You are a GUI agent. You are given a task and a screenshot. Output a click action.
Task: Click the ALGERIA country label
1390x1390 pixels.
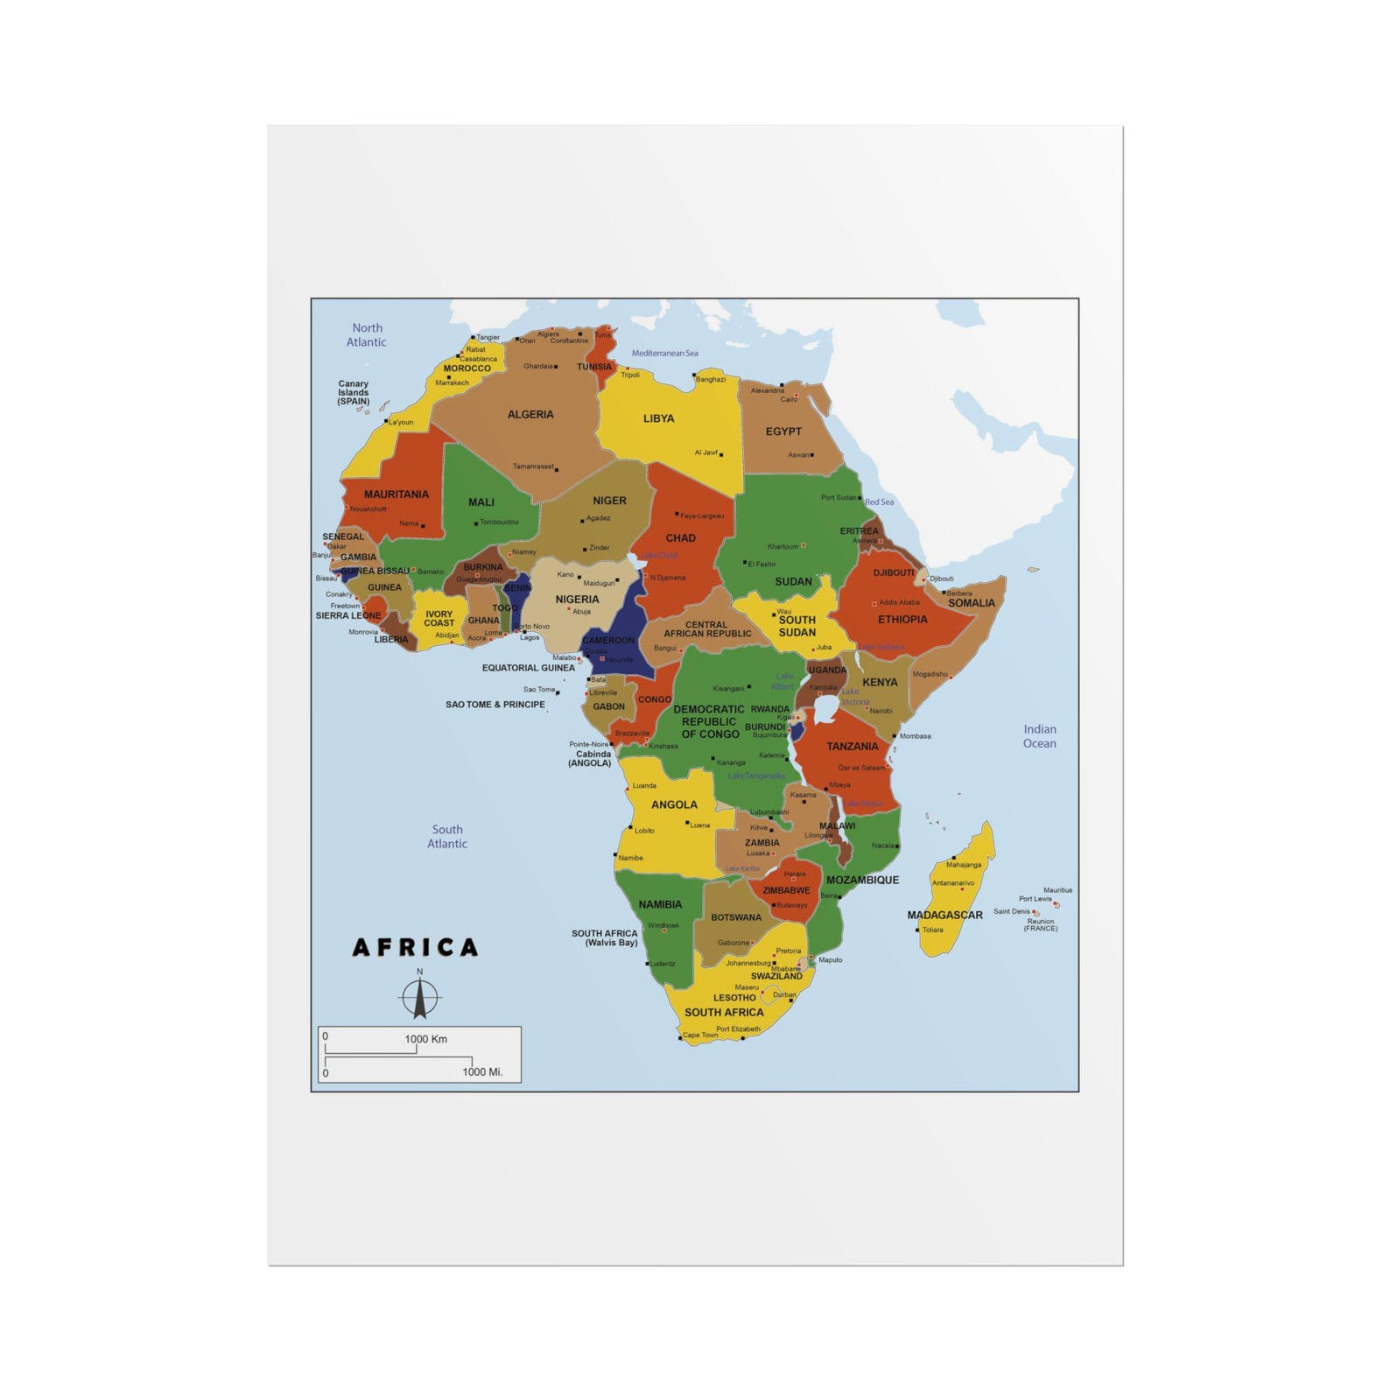[x=530, y=415]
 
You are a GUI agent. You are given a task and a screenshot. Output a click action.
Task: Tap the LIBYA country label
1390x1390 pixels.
[x=658, y=418]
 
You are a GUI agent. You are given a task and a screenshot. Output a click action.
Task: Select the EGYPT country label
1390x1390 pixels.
[x=783, y=432]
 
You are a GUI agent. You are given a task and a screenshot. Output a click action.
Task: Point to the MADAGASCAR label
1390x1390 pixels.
[x=944, y=915]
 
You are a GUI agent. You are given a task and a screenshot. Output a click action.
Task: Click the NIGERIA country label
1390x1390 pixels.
[x=577, y=600]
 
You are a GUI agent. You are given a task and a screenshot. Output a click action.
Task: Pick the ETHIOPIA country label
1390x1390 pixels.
[x=902, y=620]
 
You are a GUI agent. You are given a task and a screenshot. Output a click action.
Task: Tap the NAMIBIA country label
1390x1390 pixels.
[x=660, y=904]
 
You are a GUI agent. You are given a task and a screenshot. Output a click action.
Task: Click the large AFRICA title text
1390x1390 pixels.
[x=416, y=947]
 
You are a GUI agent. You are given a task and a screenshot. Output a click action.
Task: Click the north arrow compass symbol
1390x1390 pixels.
[x=420, y=996]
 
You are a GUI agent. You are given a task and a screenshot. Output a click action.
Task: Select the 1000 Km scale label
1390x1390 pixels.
[x=425, y=1039]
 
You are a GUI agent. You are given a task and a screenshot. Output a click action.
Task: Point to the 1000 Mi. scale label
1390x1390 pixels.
[x=482, y=1071]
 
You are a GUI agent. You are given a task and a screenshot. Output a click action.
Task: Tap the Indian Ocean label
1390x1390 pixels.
[x=1040, y=736]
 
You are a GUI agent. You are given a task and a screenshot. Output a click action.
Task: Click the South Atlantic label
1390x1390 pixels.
[x=447, y=837]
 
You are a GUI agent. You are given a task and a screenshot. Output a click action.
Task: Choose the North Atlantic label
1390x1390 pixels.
[x=367, y=335]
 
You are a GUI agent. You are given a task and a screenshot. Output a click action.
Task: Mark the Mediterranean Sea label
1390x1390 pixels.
[x=665, y=354]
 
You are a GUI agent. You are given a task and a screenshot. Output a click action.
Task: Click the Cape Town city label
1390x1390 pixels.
[x=700, y=1035]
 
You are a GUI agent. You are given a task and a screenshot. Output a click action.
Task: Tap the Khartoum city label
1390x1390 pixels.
[x=783, y=546]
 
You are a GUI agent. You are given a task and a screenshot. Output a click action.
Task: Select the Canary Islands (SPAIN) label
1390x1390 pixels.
[x=354, y=392]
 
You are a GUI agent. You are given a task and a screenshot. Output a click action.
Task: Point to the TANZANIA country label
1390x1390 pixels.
[x=853, y=747]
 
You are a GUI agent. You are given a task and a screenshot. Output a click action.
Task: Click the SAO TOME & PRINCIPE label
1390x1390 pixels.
[x=495, y=705]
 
